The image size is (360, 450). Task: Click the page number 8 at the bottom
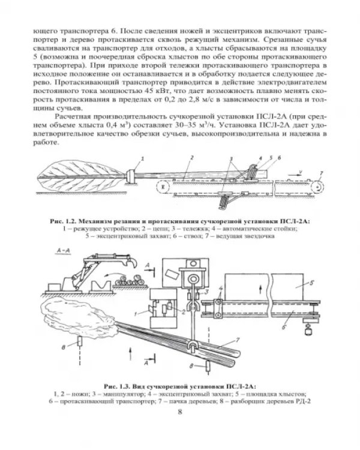(x=180, y=412)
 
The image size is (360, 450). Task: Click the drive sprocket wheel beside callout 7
(x=317, y=186)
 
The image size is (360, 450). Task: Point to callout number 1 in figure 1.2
(x=142, y=158)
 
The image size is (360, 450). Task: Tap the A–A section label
(x=63, y=251)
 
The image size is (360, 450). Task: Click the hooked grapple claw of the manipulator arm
(x=133, y=263)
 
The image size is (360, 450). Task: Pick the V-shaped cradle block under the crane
(x=102, y=286)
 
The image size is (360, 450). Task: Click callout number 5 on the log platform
(x=311, y=283)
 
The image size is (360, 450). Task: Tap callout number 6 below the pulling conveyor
(x=284, y=327)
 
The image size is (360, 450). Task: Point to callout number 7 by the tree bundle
(x=237, y=340)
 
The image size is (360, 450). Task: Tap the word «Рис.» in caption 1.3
(x=112, y=386)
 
